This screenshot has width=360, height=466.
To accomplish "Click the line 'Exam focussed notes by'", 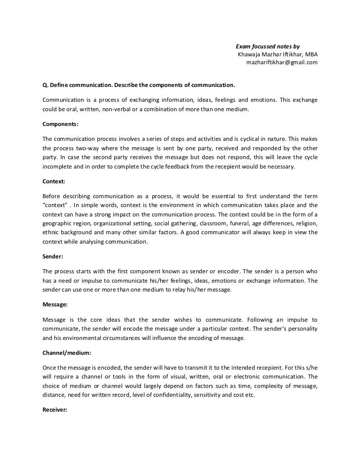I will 267,45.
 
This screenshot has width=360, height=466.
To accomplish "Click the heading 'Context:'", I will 54,181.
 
